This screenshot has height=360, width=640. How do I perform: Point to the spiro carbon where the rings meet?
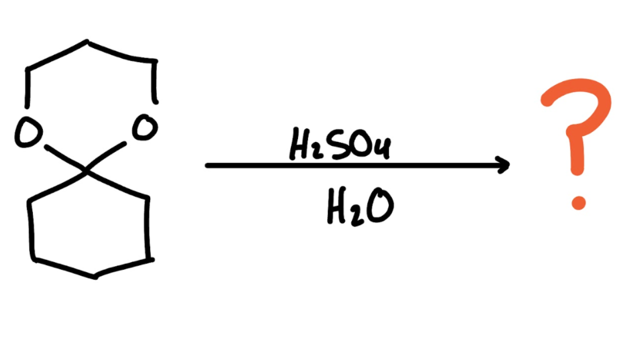point(85,171)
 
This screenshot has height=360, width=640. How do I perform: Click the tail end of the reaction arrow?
point(208,165)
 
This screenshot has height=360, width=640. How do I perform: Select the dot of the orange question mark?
point(578,202)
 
